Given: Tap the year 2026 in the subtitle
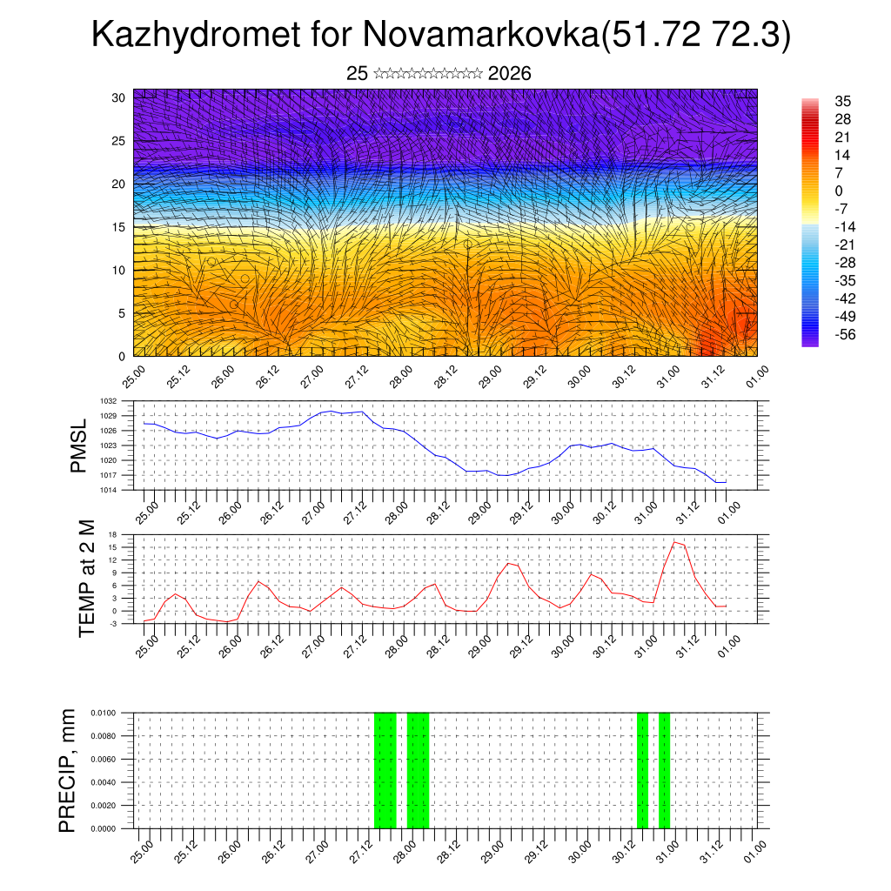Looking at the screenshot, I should click(x=510, y=74).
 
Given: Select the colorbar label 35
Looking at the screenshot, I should click(x=841, y=101).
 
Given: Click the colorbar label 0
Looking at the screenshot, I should click(x=838, y=191).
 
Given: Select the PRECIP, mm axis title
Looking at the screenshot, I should click(x=68, y=770).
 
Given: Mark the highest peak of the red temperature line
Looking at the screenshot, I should click(x=675, y=542).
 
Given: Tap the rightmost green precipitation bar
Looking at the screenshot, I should click(x=664, y=770).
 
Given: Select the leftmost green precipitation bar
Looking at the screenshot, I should click(x=385, y=770).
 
